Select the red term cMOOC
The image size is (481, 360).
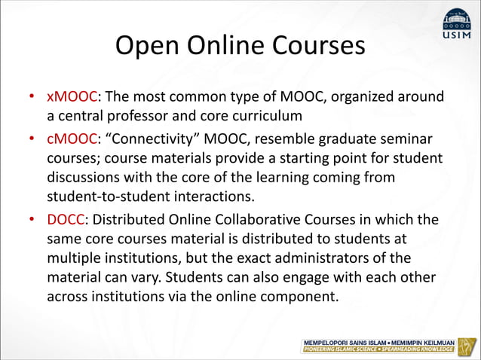pyautogui.click(x=73, y=140)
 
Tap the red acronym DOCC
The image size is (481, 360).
pyautogui.click(x=70, y=220)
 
